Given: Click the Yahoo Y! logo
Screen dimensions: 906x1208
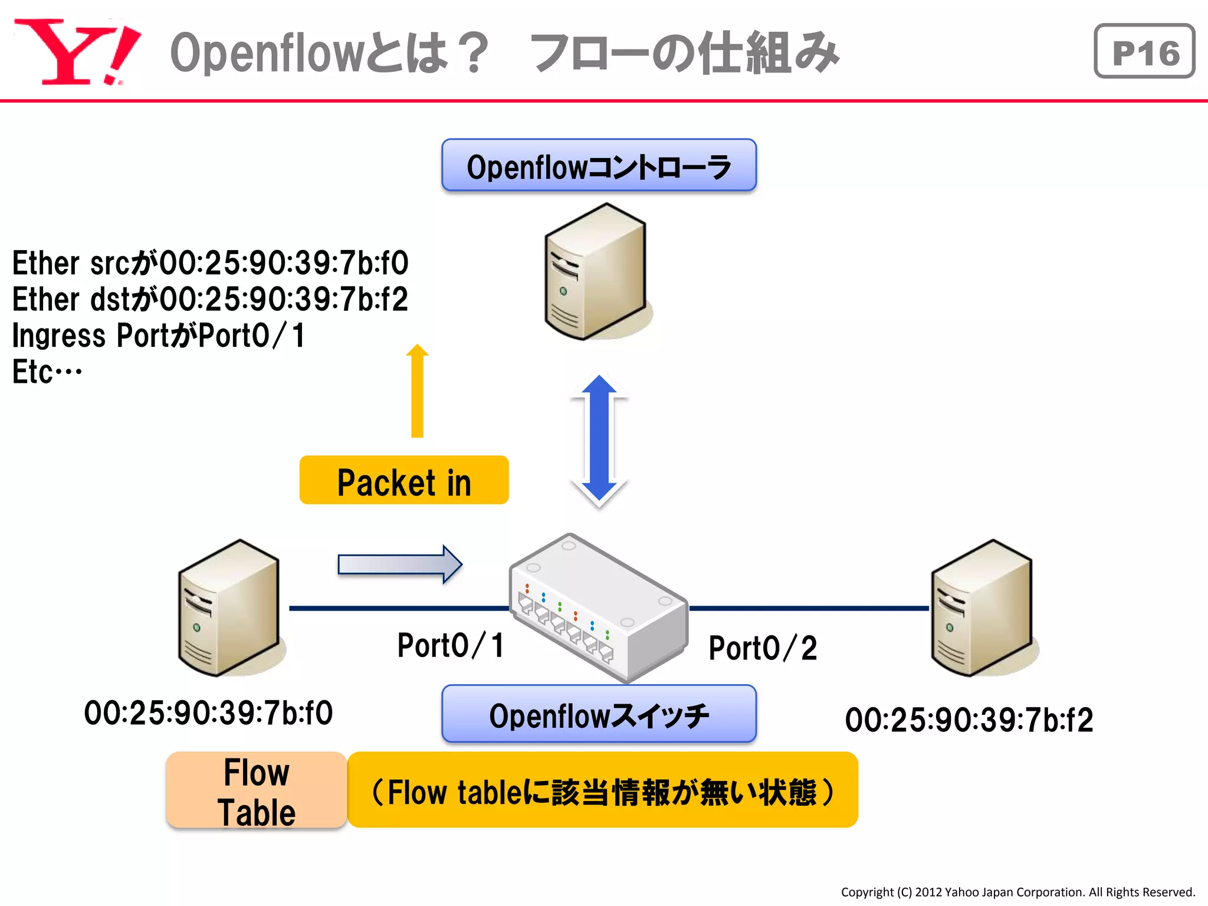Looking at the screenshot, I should pyautogui.click(x=77, y=52).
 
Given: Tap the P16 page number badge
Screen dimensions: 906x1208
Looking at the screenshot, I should pyautogui.click(x=1144, y=51).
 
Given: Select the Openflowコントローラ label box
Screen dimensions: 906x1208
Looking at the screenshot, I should pyautogui.click(x=599, y=166).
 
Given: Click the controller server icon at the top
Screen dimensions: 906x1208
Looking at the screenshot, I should pyautogui.click(x=596, y=272).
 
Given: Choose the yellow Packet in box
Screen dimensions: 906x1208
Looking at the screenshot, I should pyautogui.click(x=404, y=480).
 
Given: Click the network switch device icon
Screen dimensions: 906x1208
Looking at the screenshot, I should pyautogui.click(x=599, y=608).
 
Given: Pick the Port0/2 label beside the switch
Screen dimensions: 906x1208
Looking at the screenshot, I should pyautogui.click(x=763, y=648).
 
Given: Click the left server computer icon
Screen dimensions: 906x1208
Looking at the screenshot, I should pyautogui.click(x=229, y=608).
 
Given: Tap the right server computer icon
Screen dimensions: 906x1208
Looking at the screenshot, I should pyautogui.click(x=982, y=608).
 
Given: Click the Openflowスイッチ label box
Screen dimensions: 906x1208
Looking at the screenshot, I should pyautogui.click(x=599, y=714).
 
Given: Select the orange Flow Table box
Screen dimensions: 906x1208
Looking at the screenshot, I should pyautogui.click(x=257, y=791).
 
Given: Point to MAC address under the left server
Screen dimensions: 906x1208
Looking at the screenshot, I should pyautogui.click(x=208, y=713).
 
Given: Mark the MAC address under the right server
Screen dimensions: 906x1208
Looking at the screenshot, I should pyautogui.click(x=969, y=720).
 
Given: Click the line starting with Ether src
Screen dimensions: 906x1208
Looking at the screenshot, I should pyautogui.click(x=210, y=263).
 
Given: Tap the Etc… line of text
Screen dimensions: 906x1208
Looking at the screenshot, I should pyautogui.click(x=47, y=372).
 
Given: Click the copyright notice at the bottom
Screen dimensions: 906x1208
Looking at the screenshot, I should pyautogui.click(x=1017, y=892).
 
